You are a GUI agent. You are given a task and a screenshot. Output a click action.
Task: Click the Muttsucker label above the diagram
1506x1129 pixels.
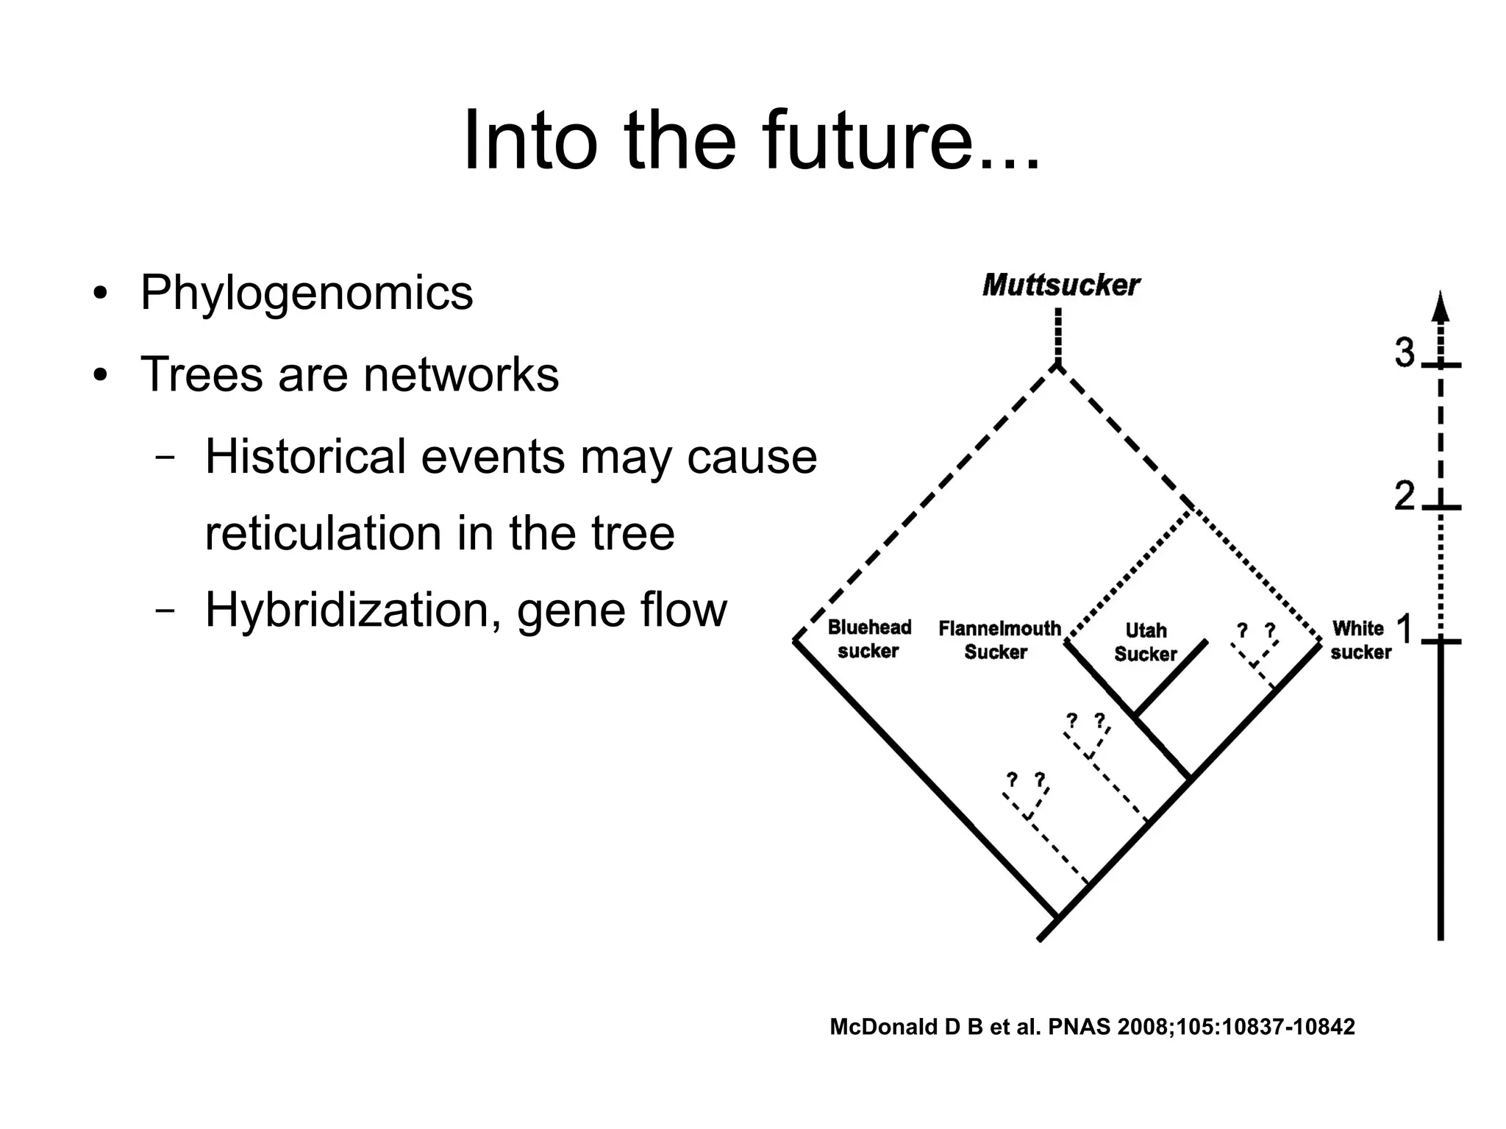[1060, 285]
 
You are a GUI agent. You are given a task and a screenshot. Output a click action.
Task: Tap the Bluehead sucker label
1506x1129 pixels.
[869, 638]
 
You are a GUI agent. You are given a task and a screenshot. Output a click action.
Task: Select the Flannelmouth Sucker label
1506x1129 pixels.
[999, 640]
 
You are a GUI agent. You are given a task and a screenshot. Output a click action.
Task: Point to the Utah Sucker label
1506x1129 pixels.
[1146, 642]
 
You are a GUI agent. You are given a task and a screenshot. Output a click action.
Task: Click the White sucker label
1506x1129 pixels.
[1360, 640]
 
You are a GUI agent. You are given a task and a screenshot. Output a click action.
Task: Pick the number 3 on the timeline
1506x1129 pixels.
[1405, 353]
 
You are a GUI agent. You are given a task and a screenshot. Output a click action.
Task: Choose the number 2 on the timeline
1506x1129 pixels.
[1405, 496]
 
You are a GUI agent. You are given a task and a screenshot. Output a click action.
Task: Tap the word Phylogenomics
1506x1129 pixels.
[306, 293]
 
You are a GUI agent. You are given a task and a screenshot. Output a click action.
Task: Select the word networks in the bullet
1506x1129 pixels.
[460, 374]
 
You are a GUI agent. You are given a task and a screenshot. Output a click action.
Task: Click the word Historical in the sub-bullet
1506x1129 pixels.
[305, 457]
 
